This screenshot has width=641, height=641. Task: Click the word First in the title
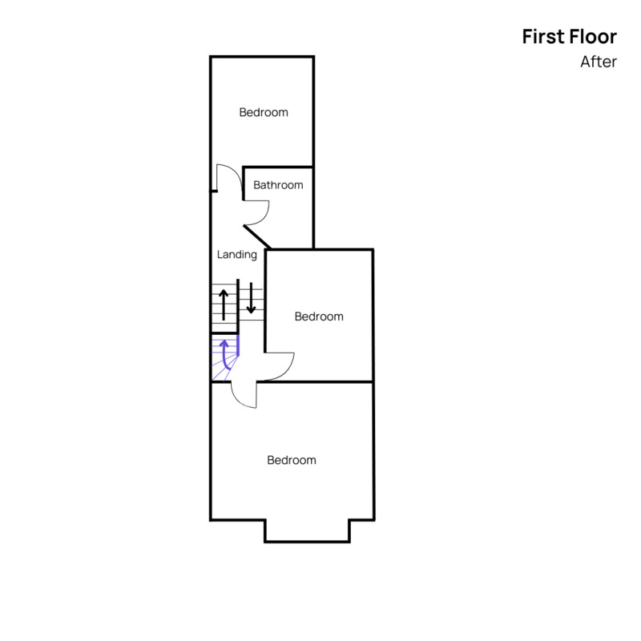click(543, 37)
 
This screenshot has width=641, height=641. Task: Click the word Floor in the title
click(593, 37)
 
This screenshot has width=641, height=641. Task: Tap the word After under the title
click(599, 62)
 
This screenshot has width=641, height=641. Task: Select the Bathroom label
click(278, 185)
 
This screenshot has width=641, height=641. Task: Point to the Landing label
click(237, 255)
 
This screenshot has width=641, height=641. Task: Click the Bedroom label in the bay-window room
click(292, 460)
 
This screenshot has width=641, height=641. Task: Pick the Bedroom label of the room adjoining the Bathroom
click(264, 112)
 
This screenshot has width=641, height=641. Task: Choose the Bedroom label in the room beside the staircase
click(319, 316)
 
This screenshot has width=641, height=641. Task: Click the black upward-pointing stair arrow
click(224, 304)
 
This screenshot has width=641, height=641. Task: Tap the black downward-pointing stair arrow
click(251, 298)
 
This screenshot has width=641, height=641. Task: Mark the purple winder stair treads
click(224, 358)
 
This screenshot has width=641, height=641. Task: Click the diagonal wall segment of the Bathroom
click(257, 236)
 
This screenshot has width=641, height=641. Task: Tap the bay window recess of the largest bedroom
click(307, 531)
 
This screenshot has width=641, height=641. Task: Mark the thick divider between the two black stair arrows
click(238, 306)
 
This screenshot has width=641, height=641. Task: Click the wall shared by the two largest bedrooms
click(315, 382)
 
